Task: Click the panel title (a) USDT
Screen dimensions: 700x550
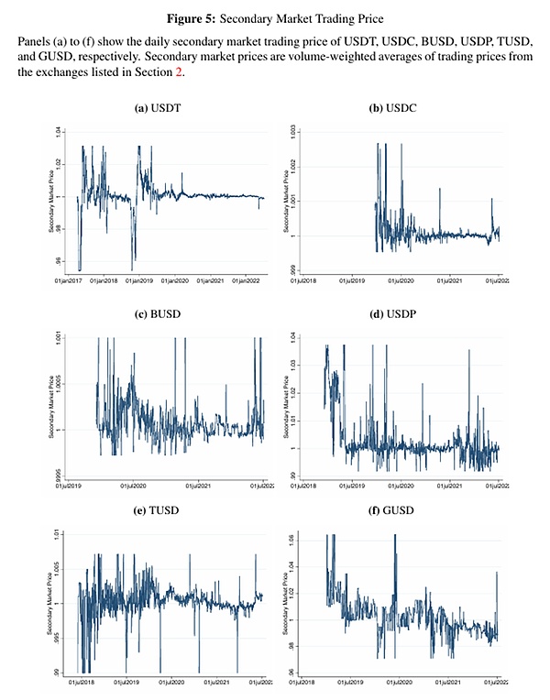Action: click(153, 108)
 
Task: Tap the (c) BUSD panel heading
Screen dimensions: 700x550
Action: click(153, 315)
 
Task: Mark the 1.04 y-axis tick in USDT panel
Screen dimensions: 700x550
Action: click(59, 132)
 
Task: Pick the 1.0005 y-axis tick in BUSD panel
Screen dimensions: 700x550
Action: click(59, 385)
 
